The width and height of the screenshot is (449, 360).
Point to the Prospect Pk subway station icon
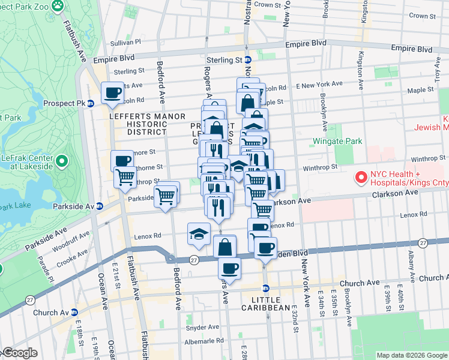[x=90, y=103]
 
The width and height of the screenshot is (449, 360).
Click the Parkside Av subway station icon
[x=100, y=206]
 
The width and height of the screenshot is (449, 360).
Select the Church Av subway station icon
[x=74, y=313]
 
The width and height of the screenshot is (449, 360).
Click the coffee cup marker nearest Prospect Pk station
[x=113, y=93]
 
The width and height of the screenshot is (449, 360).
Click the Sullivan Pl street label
[x=125, y=43]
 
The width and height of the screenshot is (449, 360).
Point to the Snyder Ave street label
[x=200, y=328]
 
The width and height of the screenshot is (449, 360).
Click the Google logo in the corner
[x=20, y=353]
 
